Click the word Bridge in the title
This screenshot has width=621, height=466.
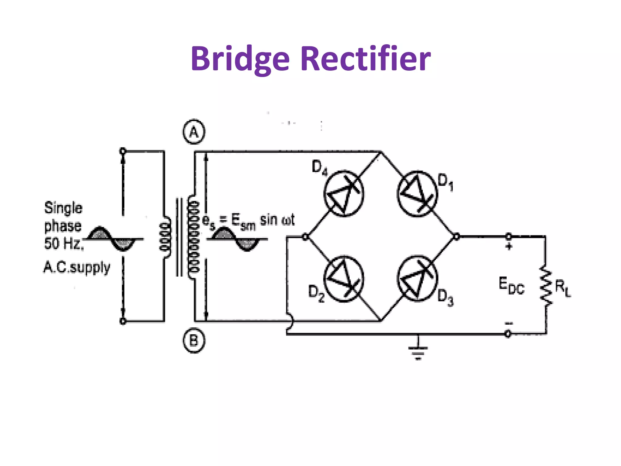tap(240, 59)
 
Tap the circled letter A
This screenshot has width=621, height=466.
tap(194, 132)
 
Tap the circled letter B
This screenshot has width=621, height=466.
tap(194, 341)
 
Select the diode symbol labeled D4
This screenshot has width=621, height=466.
tap(344, 194)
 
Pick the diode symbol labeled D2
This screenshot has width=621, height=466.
tap(344, 279)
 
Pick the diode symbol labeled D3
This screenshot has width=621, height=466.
tap(417, 279)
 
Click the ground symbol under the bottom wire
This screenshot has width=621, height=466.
tap(418, 352)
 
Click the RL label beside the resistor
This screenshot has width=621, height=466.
tap(563, 288)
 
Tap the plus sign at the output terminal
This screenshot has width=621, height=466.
tap(509, 246)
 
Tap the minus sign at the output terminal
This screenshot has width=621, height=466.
tap(509, 323)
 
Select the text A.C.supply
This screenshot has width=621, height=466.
tap(77, 268)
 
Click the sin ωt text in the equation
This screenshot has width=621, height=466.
tap(277, 220)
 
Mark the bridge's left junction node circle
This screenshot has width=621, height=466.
tap(306, 237)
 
